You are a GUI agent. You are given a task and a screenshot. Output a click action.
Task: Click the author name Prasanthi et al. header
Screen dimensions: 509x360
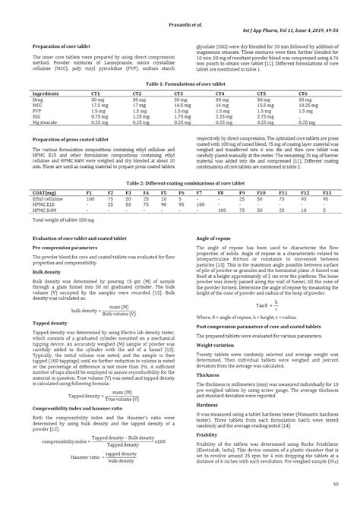point(179,8)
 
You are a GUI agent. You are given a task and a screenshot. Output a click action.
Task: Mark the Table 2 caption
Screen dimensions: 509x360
point(180,185)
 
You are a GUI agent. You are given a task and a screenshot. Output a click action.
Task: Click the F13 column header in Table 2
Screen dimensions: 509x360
point(327,194)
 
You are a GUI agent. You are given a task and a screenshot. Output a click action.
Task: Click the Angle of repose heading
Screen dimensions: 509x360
point(213,238)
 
